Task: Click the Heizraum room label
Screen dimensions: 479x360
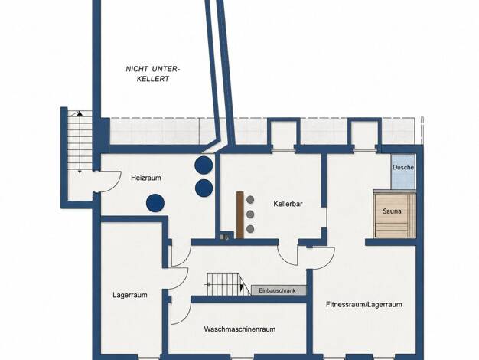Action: [x=146, y=178]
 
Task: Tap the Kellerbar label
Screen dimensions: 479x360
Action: [x=288, y=204]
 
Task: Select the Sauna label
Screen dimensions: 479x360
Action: [x=392, y=211]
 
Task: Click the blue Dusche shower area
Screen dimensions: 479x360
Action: [x=403, y=172]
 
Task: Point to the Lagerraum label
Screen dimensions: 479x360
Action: [x=130, y=295]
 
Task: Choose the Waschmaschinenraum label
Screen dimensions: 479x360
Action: [x=239, y=329]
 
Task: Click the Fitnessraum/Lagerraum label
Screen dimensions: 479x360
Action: [x=363, y=305]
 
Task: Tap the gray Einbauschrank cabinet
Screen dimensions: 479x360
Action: [x=279, y=290]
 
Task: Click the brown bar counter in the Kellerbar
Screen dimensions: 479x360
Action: [x=240, y=215]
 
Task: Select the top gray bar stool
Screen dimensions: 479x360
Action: [x=250, y=200]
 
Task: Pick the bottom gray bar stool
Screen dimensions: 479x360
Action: [x=250, y=228]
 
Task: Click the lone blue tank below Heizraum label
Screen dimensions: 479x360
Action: [x=155, y=203]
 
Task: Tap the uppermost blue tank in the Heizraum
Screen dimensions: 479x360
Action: [x=204, y=165]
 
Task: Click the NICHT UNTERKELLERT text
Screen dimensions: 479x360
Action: [x=153, y=74]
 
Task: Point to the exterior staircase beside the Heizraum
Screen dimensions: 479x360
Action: [x=80, y=141]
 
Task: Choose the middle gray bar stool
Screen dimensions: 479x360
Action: [x=250, y=214]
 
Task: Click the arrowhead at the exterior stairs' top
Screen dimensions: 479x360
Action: [x=80, y=113]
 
